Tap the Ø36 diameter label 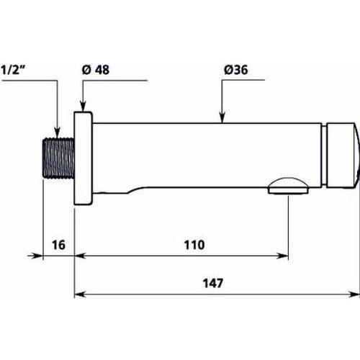pos(237,69)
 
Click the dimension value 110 pos(192,245)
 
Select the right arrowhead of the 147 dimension pos(353,293)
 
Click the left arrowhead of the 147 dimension pos(80,293)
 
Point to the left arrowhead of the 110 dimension pos(80,254)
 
